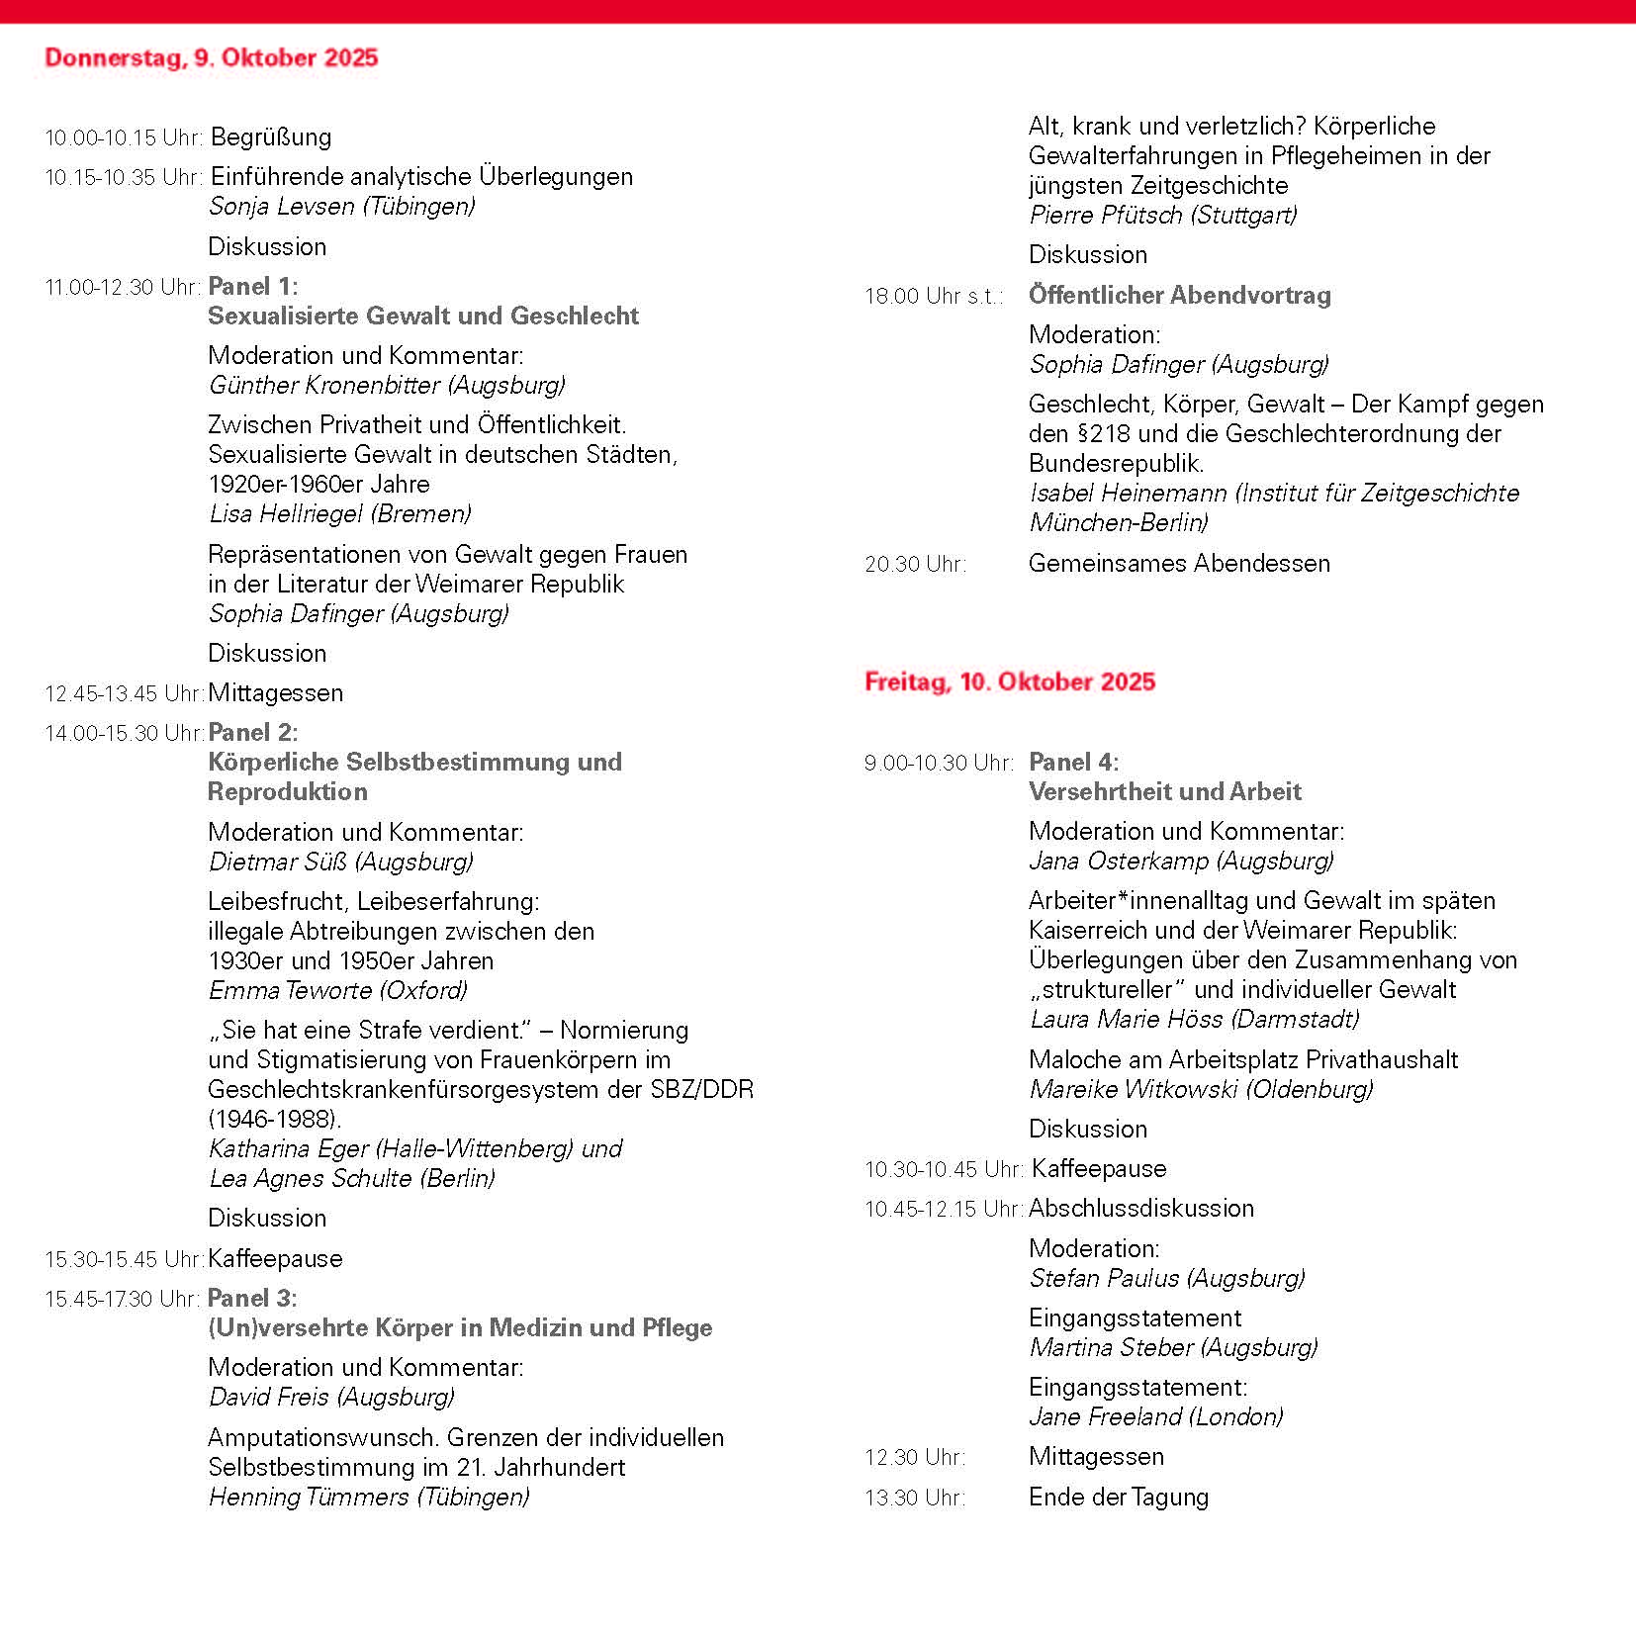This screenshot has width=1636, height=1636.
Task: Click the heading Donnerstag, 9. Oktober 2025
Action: [x=211, y=57]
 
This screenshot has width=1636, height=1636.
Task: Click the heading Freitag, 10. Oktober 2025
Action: [x=1009, y=682]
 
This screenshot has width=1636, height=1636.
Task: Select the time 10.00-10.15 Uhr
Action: [x=124, y=137]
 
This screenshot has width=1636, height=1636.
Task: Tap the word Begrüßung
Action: [x=271, y=136]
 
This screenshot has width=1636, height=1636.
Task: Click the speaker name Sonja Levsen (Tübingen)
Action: [x=341, y=206]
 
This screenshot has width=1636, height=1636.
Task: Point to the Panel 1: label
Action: [x=252, y=287]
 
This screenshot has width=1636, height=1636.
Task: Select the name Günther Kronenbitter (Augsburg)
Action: [x=387, y=385]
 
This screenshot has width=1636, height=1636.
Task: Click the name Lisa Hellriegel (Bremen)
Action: [x=339, y=513]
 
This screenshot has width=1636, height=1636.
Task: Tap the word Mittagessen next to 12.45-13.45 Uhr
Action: [x=275, y=692]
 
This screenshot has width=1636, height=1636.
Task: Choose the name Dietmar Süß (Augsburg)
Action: [x=340, y=862]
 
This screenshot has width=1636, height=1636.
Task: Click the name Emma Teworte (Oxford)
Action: [x=337, y=990]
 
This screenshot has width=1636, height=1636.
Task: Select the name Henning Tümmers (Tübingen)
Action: [x=368, y=1497]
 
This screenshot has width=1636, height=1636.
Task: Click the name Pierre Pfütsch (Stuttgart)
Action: [x=1162, y=215]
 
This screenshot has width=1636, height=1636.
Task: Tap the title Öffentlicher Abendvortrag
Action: [x=1179, y=295]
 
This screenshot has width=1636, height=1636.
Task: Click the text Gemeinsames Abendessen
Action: [x=1179, y=563]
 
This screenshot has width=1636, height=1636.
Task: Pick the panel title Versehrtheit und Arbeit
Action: [x=1164, y=791]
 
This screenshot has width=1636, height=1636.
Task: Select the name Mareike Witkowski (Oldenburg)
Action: [x=1201, y=1089]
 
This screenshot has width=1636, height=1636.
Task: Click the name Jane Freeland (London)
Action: [x=1155, y=1416]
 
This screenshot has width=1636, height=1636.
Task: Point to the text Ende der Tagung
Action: [x=1118, y=1497]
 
